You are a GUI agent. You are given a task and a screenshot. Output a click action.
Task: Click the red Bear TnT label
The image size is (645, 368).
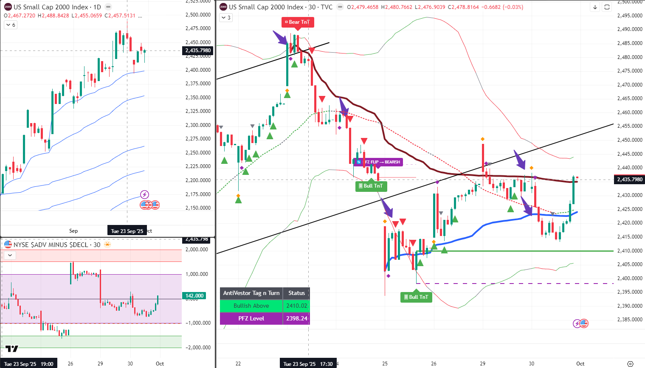click(x=298, y=22)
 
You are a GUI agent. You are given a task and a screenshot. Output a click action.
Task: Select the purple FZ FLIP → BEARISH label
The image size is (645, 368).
click(x=378, y=162)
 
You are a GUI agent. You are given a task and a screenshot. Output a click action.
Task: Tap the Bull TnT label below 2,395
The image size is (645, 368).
click(x=416, y=297)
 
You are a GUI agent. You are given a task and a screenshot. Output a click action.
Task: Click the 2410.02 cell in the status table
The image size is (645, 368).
click(x=296, y=306)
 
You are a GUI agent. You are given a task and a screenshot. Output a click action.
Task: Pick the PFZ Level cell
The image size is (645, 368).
click(x=251, y=318)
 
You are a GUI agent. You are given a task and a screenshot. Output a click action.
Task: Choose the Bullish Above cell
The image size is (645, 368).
click(x=251, y=306)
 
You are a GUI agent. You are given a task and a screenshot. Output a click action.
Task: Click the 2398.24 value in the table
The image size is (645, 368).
click(x=296, y=318)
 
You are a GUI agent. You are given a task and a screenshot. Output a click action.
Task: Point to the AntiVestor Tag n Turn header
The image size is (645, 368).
click(x=251, y=293)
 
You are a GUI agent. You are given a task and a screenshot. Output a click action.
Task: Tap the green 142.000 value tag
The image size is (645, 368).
click(x=194, y=296)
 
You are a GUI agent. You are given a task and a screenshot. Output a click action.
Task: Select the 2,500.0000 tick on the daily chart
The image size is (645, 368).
click(x=198, y=15)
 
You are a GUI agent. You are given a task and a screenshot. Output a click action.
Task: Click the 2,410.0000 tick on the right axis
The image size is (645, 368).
click(x=630, y=250)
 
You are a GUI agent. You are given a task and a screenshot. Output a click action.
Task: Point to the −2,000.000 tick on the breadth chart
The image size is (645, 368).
click(x=198, y=348)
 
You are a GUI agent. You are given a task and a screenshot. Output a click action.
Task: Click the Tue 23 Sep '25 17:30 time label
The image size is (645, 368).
click(x=308, y=364)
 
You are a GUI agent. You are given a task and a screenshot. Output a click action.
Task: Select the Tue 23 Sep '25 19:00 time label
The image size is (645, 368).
click(x=29, y=364)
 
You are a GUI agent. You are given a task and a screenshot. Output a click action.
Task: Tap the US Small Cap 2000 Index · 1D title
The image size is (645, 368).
click(x=57, y=7)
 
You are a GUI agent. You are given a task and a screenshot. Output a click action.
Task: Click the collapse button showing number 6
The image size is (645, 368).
click(x=10, y=25)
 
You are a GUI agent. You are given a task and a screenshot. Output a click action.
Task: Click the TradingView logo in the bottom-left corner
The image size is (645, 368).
click(x=12, y=349)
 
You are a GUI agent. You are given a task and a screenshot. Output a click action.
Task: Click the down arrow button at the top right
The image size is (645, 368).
click(x=595, y=7)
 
